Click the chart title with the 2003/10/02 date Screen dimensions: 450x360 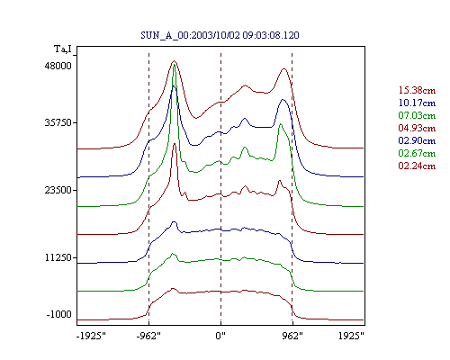pos(220,35)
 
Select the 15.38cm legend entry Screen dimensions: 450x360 pos(417,90)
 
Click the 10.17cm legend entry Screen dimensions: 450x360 pos(417,103)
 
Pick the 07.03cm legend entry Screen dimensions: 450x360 pos(417,115)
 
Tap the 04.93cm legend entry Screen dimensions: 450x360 pos(417,128)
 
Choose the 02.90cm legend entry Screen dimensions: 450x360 pos(417,140)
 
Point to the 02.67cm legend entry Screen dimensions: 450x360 pos(417,153)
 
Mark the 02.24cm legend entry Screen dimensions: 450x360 pos(417,166)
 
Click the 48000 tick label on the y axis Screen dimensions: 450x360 pos(58,66)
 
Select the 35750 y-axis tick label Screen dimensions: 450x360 pos(58,122)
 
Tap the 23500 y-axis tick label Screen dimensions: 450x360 pos(58,190)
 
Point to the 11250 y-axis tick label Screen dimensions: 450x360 pos(58,257)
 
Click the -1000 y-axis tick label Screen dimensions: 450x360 pos(59,314)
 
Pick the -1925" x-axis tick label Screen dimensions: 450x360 pos(91,336)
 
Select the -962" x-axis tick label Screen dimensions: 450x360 pos(148,336)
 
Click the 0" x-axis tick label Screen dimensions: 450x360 pos(220,336)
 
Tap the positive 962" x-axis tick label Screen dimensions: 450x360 pos(292,336)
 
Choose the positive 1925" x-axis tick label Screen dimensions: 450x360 pos(351,336)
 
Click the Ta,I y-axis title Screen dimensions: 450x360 pos(63,49)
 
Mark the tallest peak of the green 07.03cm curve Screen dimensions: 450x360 pos(174,65)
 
